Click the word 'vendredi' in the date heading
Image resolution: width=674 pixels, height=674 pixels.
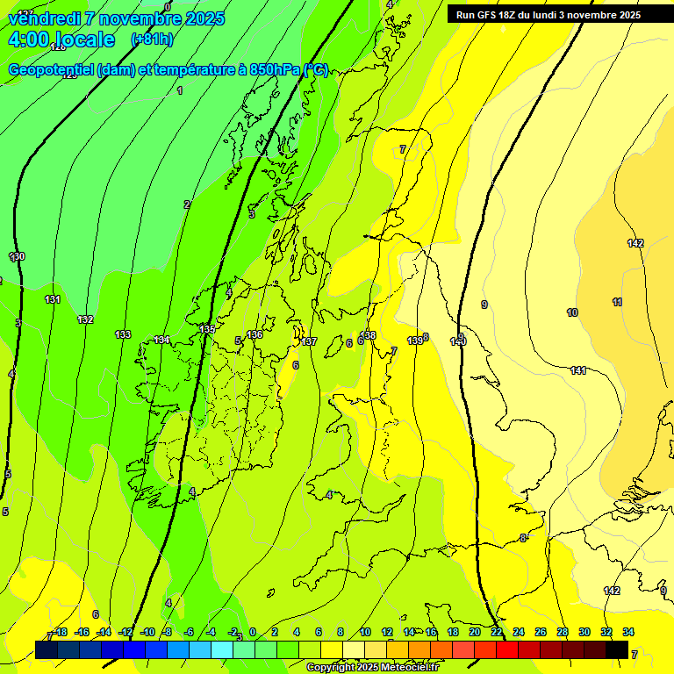[x=43, y=18]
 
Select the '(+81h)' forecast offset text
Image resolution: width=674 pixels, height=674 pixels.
[x=152, y=39]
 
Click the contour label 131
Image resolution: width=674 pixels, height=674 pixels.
[x=53, y=299]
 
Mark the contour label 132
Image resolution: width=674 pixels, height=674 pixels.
[x=85, y=319]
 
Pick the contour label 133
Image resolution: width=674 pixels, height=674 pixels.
[x=123, y=334]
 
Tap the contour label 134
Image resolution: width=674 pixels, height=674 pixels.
[x=161, y=340]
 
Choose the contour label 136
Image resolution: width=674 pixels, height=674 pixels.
[x=255, y=334]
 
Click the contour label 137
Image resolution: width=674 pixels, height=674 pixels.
[x=309, y=341]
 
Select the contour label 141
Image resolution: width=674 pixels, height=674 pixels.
[x=578, y=371]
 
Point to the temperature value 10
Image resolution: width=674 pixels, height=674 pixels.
[x=572, y=312]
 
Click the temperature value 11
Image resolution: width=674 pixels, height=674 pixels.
[x=618, y=302]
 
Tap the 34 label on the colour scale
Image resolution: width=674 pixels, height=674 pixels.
[x=628, y=632]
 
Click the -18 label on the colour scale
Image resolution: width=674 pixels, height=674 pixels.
[x=60, y=632]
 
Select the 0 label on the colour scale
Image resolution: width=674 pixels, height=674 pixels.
[x=253, y=632]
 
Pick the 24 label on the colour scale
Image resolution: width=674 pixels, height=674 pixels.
[x=519, y=632]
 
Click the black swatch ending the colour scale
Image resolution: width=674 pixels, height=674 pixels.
[x=617, y=649]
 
